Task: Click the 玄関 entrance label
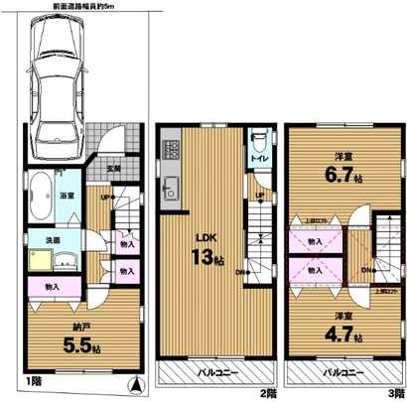(x=114, y=170)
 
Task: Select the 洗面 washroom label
(x=50, y=240)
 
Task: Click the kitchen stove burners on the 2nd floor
(x=171, y=153)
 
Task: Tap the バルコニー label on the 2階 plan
(x=216, y=372)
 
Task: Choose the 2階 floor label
(x=268, y=394)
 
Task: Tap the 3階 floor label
(x=396, y=394)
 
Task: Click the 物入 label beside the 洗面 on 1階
(x=127, y=242)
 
